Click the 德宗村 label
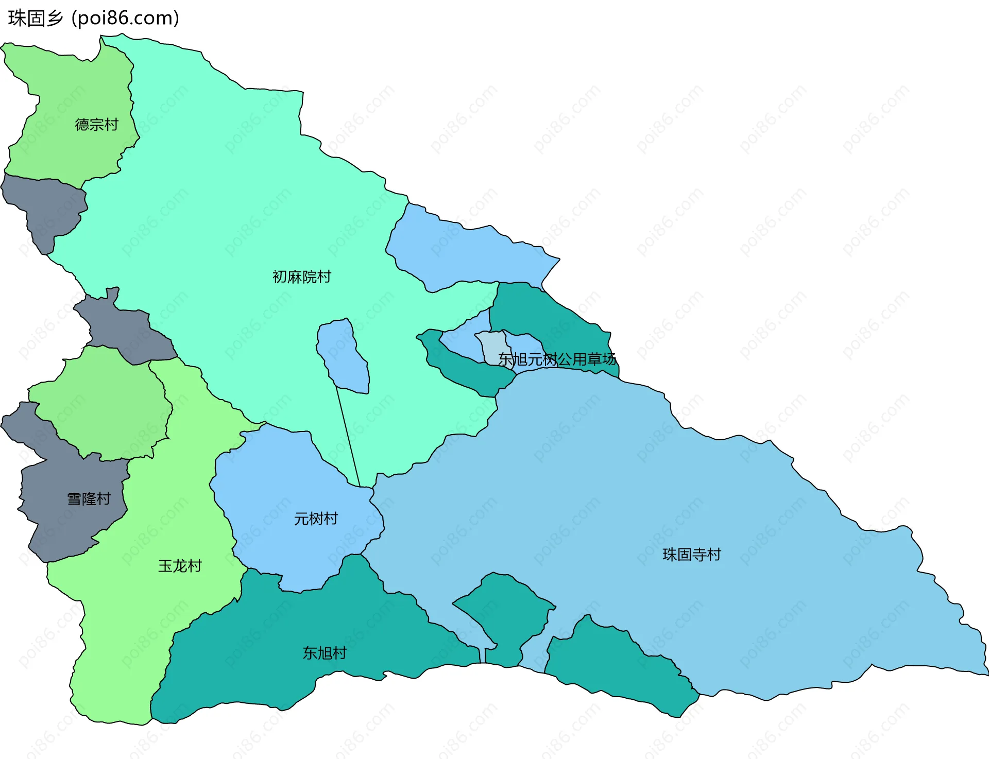click(96, 125)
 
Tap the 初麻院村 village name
click(301, 277)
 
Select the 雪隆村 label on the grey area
click(89, 498)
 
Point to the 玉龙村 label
click(180, 566)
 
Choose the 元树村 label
click(316, 519)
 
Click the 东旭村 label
click(325, 653)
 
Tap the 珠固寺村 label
click(691, 555)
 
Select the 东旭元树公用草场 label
click(557, 359)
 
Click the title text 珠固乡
click(36, 19)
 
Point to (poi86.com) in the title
click(125, 19)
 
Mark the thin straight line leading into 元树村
click(348, 438)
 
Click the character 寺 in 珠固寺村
click(699, 555)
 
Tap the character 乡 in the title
click(54, 19)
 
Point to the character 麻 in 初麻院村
click(294, 277)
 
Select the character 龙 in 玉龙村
click(180, 566)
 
